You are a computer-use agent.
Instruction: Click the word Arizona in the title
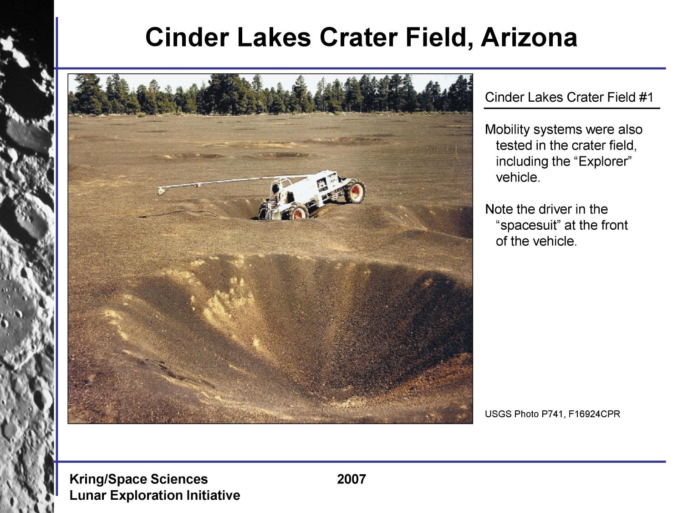coord(529,37)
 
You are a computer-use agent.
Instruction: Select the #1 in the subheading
coord(646,97)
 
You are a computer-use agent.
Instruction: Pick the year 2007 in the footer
coord(352,479)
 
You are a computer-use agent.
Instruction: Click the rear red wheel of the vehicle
coord(355,191)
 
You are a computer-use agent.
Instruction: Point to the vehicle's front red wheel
coord(298,212)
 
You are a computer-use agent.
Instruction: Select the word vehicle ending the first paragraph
coord(518,177)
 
